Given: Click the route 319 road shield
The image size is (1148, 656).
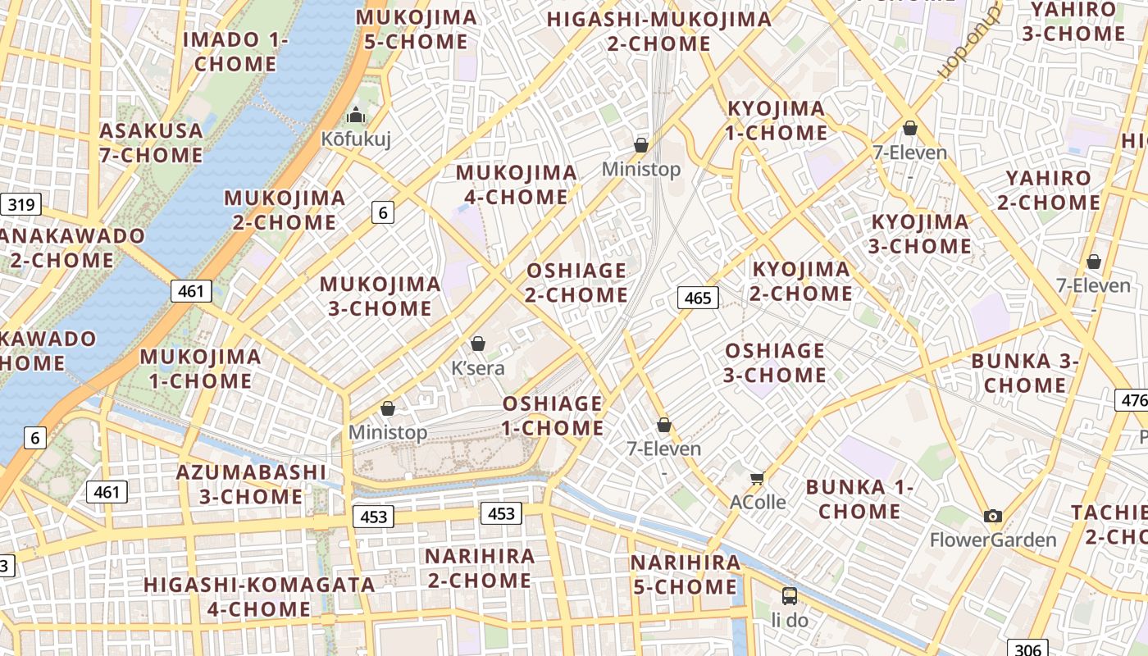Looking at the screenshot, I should (20, 204).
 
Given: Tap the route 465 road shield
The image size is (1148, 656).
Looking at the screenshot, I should (698, 298).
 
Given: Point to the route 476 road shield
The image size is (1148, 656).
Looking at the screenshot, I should (1132, 400).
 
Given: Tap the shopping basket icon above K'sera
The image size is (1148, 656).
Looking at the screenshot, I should (478, 344).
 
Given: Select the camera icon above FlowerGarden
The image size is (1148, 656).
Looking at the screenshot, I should (993, 516).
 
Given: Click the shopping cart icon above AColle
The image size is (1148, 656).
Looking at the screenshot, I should (757, 478).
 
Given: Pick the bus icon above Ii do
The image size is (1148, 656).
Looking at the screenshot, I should (790, 596).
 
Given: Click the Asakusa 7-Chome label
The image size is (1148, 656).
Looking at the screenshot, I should (151, 143).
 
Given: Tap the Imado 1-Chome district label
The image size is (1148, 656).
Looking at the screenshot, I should (235, 52).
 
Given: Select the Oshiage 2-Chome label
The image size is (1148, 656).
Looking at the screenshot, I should (576, 282).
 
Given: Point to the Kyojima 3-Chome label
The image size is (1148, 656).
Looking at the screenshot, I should (921, 234).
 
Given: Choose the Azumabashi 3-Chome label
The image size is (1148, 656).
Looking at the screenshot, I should (251, 484).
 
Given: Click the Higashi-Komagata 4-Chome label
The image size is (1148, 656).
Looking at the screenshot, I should (258, 597).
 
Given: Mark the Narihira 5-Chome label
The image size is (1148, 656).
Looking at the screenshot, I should (686, 575).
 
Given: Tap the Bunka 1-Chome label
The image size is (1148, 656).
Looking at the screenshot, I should (859, 499).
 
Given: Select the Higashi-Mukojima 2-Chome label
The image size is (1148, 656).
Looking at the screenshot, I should (659, 31).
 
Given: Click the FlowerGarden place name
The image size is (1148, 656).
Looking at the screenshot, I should (993, 540).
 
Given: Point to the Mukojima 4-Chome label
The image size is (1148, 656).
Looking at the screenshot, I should (517, 184).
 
